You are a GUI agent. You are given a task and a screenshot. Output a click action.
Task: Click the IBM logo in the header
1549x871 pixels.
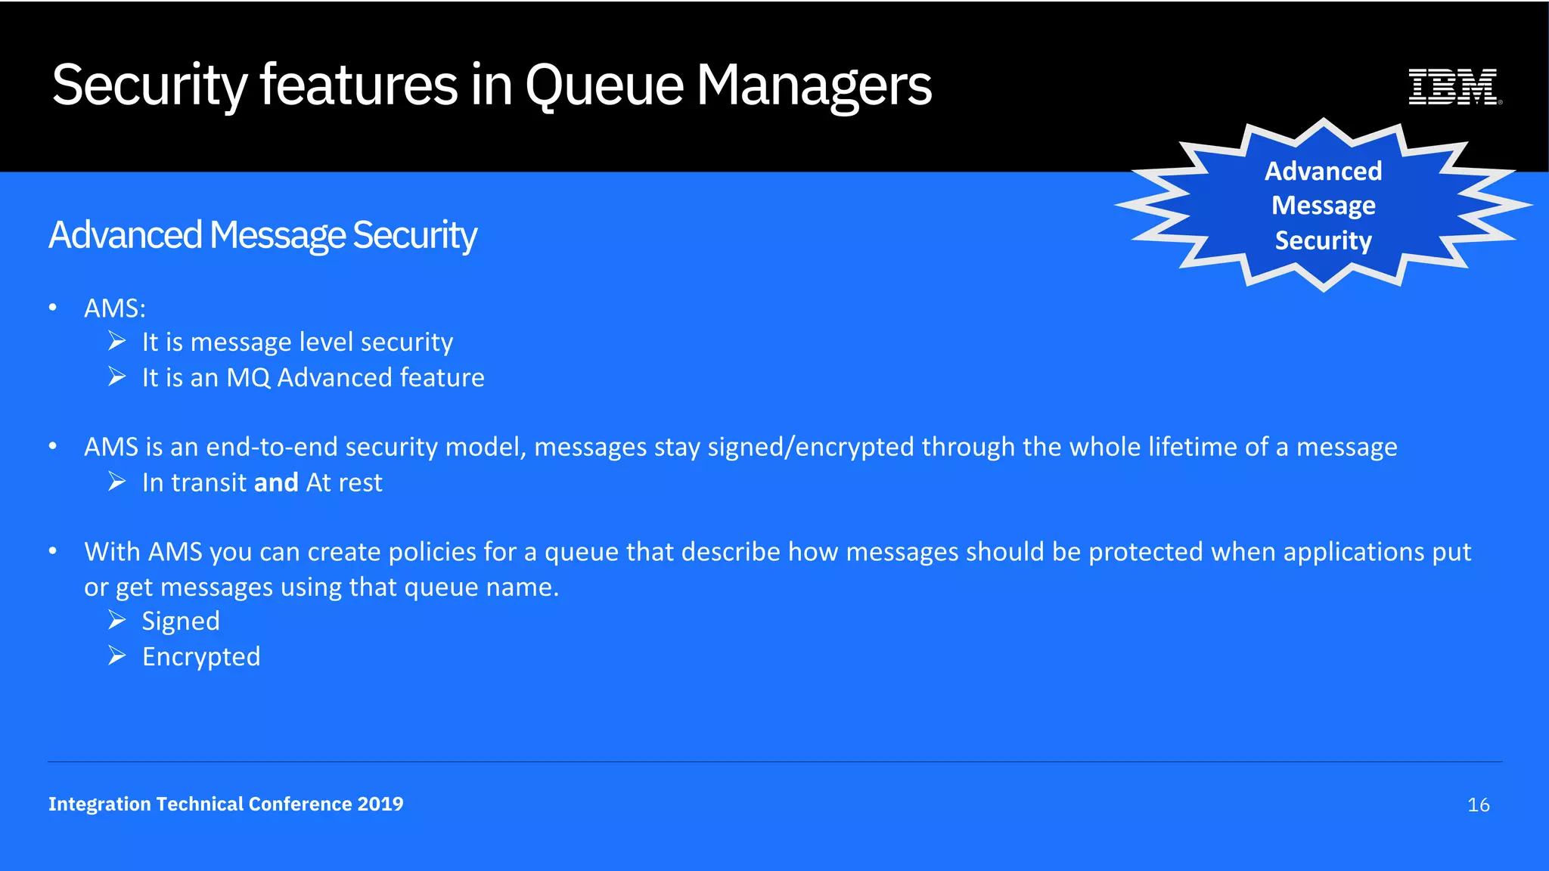coord(1454,86)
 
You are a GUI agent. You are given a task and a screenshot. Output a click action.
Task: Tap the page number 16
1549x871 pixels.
coord(1478,805)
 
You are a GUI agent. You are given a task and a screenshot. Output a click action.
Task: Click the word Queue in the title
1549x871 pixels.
coord(604,86)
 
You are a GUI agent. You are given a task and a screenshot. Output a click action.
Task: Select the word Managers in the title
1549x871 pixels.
coord(813,86)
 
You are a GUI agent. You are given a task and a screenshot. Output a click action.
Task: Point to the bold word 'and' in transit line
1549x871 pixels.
coord(276,482)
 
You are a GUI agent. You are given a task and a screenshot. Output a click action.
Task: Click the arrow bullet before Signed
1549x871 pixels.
coord(116,621)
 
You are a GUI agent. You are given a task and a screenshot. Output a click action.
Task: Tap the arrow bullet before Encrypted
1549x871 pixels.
coord(116,656)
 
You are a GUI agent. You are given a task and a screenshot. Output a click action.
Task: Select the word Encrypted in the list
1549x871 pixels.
coord(201,657)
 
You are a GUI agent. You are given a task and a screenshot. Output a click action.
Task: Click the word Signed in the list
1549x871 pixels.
coord(181,621)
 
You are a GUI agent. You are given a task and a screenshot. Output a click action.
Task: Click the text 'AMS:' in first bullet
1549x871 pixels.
coord(115,308)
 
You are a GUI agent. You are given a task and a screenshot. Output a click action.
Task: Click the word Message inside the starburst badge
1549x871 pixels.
coord(1323,206)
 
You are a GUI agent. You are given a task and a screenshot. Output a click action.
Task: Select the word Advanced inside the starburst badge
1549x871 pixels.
coord(1323,171)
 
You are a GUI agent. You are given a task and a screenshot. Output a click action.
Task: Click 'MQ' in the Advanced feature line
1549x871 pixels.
coord(248,377)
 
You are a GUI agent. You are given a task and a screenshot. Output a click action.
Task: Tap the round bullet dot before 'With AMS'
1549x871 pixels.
coord(53,551)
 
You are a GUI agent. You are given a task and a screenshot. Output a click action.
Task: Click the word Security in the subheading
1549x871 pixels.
coord(414,235)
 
